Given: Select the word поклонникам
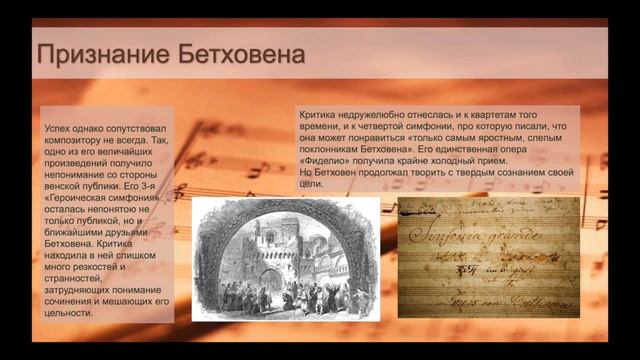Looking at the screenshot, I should (x=334, y=148).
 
